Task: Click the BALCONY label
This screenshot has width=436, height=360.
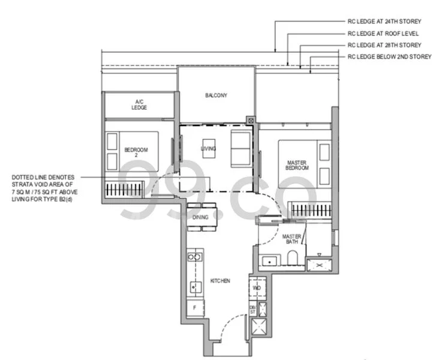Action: (216, 95)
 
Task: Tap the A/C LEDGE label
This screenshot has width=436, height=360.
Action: (139, 104)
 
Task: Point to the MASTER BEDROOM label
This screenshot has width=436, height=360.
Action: (297, 164)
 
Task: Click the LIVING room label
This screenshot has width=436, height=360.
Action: (208, 149)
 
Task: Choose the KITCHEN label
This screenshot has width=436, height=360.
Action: (220, 280)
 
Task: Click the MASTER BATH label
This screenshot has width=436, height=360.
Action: (291, 239)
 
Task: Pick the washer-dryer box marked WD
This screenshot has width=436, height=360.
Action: (257, 288)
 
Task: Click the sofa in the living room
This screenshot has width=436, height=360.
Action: (241, 148)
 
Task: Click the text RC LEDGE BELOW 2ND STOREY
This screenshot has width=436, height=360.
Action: (389, 56)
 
